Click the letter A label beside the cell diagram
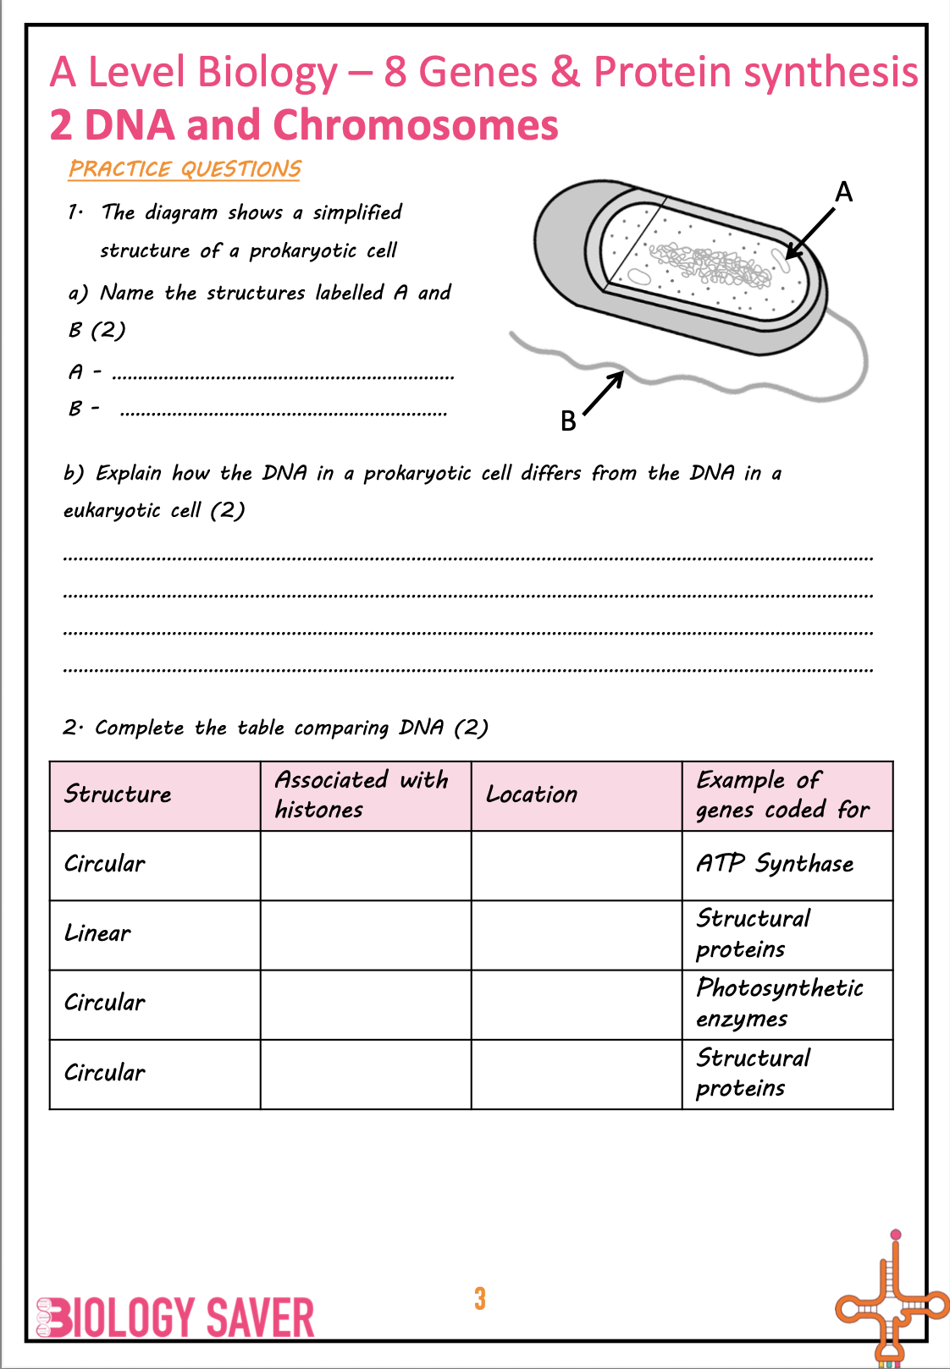843,193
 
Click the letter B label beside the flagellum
568,421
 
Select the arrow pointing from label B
604,393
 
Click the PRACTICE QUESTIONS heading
185,169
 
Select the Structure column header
118,794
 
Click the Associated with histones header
362,794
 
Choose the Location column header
532,794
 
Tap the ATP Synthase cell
776,864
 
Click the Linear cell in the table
98,933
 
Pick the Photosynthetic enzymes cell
780,1003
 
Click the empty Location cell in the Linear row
577,935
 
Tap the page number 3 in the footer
480,1298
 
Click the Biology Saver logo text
176,1318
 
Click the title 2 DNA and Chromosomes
304,125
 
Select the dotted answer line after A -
283,376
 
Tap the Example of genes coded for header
782,794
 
